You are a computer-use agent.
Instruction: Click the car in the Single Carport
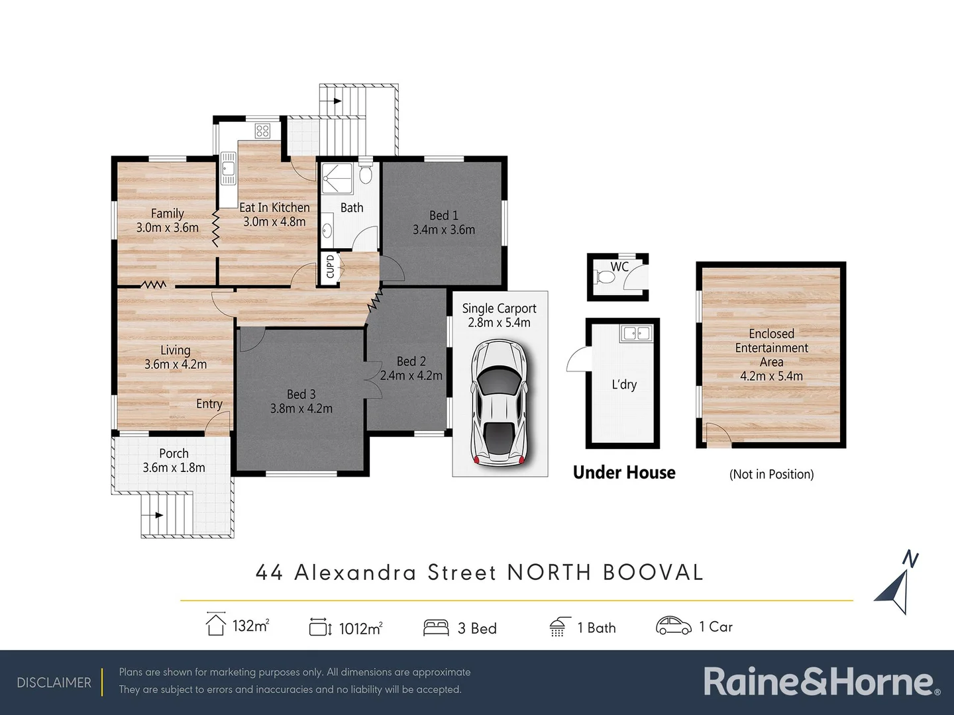(x=500, y=403)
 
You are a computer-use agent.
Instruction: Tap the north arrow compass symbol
(x=896, y=585)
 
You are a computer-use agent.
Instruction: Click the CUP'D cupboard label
(x=329, y=267)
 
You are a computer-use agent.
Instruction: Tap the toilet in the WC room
(x=605, y=275)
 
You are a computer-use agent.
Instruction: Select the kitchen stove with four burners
(x=262, y=130)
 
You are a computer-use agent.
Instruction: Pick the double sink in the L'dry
(x=635, y=333)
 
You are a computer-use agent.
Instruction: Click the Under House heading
(x=624, y=473)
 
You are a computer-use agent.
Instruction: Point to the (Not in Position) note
(x=771, y=474)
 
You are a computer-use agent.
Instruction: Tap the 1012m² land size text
(x=360, y=628)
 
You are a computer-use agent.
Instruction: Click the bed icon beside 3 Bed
(x=435, y=628)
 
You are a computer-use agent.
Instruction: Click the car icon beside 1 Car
(x=673, y=626)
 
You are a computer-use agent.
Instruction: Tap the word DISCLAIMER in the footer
(x=54, y=683)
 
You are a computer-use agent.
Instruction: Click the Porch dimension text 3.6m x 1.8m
(x=174, y=467)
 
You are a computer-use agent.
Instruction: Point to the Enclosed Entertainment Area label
(x=771, y=348)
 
